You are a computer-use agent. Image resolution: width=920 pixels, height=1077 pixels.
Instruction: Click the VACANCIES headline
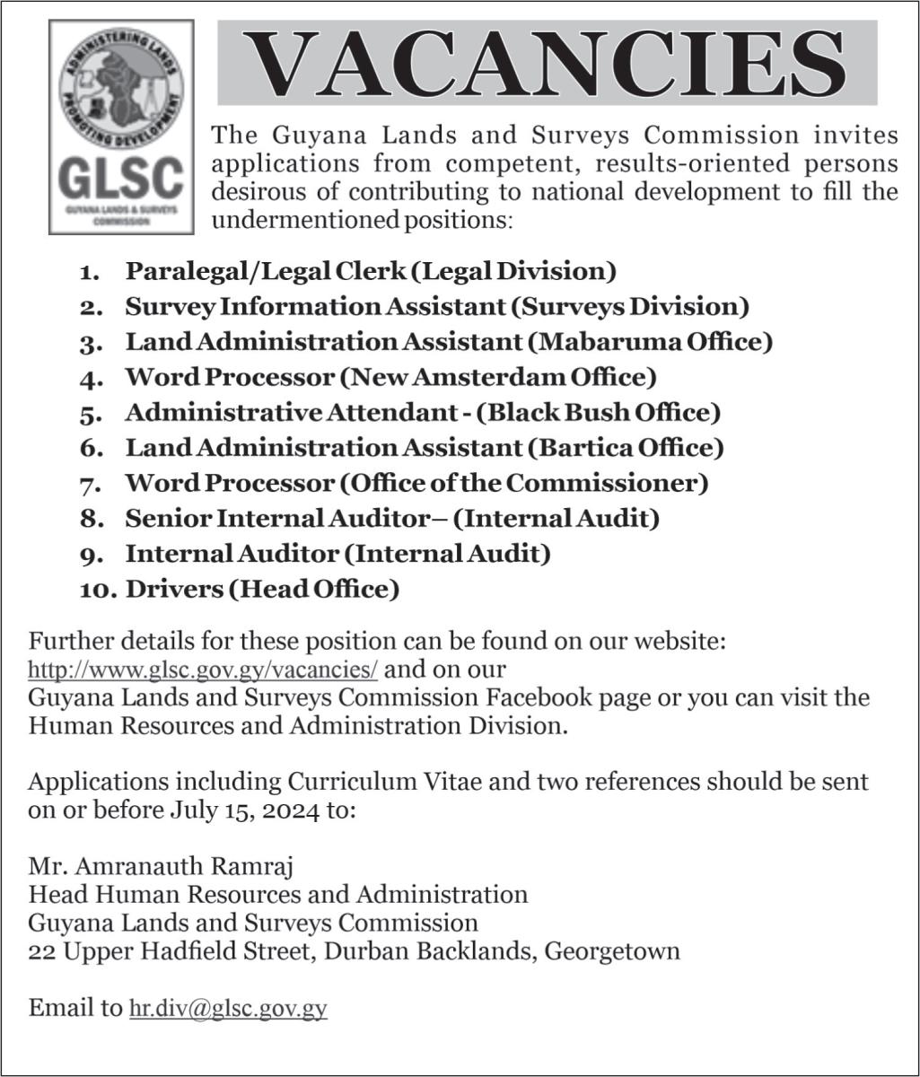547,64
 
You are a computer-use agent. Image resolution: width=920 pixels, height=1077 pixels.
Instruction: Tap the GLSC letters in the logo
121,179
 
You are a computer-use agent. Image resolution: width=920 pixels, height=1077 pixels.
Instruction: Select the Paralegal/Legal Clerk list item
370,270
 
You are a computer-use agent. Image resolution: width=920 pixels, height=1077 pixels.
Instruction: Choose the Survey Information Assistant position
436,306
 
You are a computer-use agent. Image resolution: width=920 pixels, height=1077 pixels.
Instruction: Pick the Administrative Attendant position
422,412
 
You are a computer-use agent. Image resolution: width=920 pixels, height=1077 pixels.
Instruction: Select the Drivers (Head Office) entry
262,589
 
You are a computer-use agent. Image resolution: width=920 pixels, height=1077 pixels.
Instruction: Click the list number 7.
90,484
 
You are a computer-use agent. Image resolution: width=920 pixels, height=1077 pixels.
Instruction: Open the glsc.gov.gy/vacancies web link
203,670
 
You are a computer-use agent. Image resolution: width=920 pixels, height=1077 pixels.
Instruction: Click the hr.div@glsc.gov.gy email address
228,1008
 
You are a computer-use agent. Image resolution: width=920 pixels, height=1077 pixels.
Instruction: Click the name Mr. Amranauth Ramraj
162,868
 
